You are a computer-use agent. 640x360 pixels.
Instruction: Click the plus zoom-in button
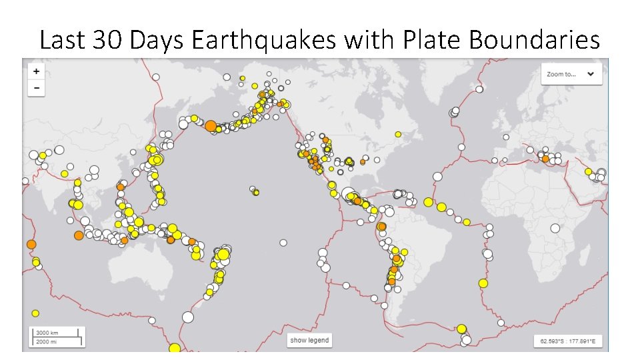(x=36, y=71)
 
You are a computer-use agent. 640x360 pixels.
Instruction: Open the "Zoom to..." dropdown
(x=571, y=74)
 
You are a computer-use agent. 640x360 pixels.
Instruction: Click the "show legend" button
(x=309, y=340)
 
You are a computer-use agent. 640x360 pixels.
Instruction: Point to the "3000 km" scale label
(x=47, y=332)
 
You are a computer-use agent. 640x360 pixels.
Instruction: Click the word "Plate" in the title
(x=428, y=41)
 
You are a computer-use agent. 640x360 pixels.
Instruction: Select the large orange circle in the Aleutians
(x=211, y=125)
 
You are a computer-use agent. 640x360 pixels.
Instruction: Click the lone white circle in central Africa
(x=555, y=228)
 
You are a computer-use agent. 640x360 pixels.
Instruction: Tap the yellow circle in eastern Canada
(x=398, y=134)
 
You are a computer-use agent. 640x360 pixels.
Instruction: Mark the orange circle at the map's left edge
(x=31, y=245)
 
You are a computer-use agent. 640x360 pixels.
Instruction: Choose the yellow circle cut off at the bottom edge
(x=175, y=348)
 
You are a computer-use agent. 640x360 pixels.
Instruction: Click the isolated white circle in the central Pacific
(x=283, y=243)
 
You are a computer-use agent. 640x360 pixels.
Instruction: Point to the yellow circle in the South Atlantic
(x=483, y=283)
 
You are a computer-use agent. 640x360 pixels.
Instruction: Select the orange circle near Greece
(x=545, y=159)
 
